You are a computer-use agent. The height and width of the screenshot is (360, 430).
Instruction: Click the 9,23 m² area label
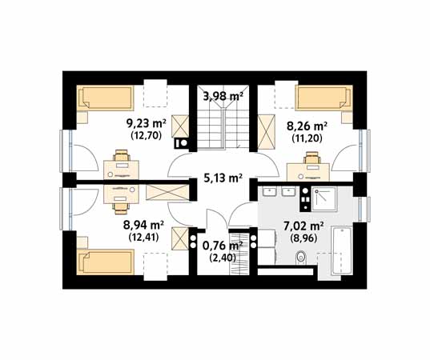click(147, 123)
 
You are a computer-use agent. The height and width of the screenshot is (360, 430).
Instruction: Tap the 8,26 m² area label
click(307, 126)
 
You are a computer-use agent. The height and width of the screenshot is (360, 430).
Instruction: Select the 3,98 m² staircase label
click(223, 96)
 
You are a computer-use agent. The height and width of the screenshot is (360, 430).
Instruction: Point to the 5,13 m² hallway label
click(223, 178)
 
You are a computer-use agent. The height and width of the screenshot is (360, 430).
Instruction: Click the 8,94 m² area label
click(143, 226)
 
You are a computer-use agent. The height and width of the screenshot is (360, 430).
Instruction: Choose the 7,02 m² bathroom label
click(303, 226)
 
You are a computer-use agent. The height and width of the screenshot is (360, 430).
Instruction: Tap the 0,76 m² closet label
click(223, 246)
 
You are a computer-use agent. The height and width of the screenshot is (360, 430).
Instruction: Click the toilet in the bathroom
click(300, 258)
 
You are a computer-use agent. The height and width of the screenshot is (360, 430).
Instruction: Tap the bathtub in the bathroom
click(341, 250)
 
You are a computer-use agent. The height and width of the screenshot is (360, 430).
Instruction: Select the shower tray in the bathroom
click(324, 199)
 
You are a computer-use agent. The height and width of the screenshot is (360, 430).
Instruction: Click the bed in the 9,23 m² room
click(106, 98)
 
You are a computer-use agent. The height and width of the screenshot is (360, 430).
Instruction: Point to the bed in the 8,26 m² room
click(324, 98)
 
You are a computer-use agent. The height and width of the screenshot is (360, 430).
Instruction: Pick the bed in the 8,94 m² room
click(106, 262)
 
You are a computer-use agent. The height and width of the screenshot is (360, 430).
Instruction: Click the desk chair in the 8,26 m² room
click(311, 158)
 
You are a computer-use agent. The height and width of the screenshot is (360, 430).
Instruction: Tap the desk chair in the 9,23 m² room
click(121, 156)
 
